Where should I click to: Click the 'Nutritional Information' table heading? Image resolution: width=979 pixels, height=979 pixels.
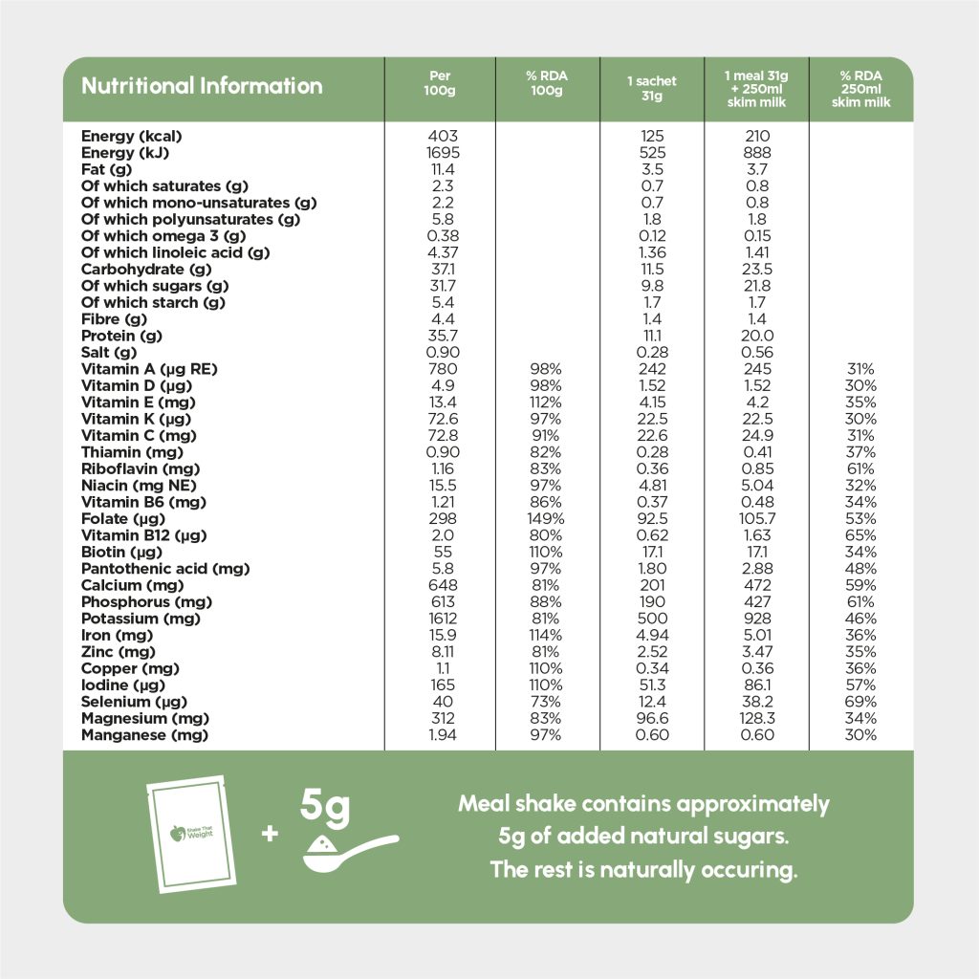(x=202, y=86)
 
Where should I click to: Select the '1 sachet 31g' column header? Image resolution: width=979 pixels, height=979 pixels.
(x=651, y=89)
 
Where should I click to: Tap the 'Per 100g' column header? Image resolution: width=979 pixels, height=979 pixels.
(x=440, y=83)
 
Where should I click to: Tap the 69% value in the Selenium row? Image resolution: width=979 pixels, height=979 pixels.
(x=860, y=702)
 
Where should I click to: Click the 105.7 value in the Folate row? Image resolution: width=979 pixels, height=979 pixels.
(x=756, y=519)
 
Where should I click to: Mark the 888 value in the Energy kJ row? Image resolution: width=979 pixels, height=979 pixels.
(x=756, y=153)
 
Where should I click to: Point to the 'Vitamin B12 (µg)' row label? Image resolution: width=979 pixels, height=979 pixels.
(x=143, y=535)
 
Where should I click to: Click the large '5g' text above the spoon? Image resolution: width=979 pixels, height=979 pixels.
(x=325, y=805)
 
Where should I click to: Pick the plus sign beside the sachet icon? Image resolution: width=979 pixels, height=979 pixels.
(x=270, y=834)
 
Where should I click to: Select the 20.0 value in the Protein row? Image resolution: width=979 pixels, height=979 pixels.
(x=756, y=336)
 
